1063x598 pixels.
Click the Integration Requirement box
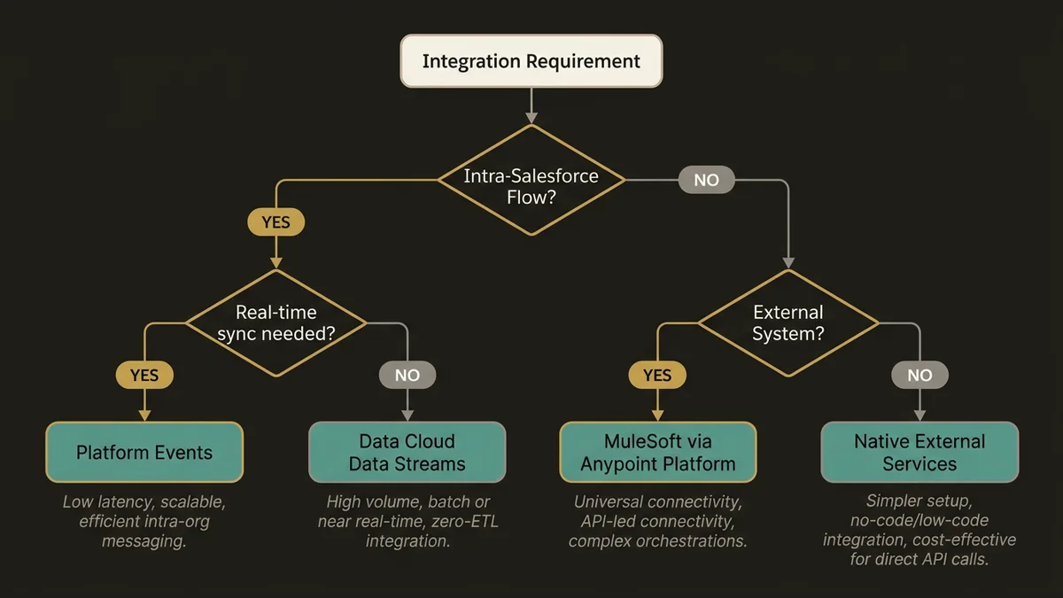coord(531,61)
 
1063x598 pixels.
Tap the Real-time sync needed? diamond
coord(275,322)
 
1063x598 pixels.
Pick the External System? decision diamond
coord(788,322)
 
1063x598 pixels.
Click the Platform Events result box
coord(144,452)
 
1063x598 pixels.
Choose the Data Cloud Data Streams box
coord(407,452)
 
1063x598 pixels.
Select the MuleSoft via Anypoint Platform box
coord(657,452)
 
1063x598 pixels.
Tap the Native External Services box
coord(919,452)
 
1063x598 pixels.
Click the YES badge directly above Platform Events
coord(144,375)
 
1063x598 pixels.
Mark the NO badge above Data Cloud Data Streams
coord(407,375)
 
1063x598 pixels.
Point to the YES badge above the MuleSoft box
coord(657,375)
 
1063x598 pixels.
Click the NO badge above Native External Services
coord(919,375)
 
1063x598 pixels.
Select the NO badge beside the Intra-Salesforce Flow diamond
coord(706,181)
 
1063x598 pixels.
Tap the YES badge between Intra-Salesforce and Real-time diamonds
coord(275,222)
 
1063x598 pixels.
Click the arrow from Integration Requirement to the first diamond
coord(531,105)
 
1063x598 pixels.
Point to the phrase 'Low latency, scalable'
coord(144,502)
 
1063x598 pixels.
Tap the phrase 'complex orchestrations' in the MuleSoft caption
coord(657,540)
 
